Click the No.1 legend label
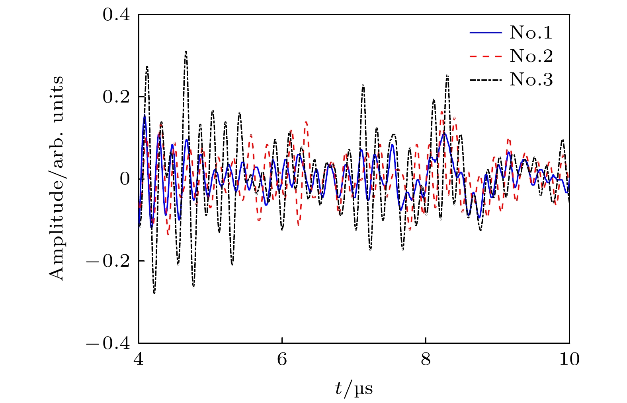click(531, 33)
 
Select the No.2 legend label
click(531, 56)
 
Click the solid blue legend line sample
click(486, 33)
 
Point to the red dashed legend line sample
click(486, 56)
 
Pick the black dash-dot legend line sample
click(486, 80)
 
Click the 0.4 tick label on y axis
click(116, 15)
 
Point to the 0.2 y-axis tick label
click(116, 97)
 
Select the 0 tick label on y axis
click(125, 179)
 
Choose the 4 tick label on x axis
click(139, 359)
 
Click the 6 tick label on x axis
click(282, 359)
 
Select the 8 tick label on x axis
click(426, 359)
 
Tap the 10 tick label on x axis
click(569, 359)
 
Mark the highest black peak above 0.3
click(186, 52)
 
